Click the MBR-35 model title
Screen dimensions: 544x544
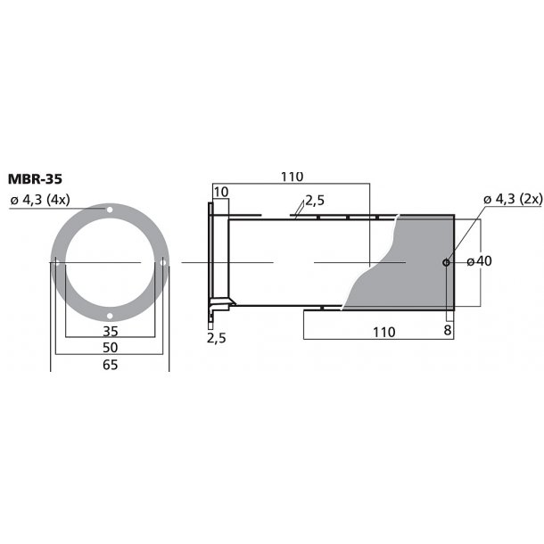[x=35, y=179]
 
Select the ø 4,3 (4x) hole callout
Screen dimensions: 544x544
[x=40, y=200]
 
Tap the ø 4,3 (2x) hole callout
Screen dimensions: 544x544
[x=513, y=199]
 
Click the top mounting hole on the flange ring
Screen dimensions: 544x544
[x=110, y=210]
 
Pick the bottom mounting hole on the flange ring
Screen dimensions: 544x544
[x=110, y=316]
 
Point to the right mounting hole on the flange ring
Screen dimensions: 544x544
[x=162, y=262]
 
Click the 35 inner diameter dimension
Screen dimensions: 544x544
[x=111, y=332]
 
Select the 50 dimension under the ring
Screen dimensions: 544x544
[x=111, y=348]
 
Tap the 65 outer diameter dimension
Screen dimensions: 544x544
[x=111, y=365]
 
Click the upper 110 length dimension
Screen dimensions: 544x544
[x=292, y=177]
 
